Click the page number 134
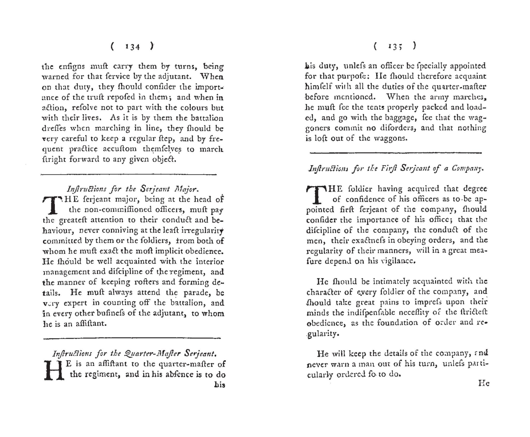point(132,47)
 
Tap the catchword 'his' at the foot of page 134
point(220,385)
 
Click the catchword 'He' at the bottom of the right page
point(483,384)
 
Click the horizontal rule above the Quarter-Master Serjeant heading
point(132,338)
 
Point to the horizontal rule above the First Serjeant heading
point(396,153)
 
